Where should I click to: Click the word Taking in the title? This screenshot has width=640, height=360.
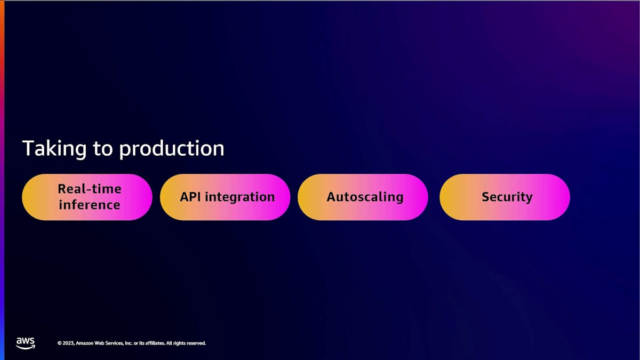54,149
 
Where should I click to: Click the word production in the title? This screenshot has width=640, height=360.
172,149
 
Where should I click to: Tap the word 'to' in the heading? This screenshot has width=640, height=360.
103,149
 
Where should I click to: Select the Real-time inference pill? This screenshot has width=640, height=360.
87,197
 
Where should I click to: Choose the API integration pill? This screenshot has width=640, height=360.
225,197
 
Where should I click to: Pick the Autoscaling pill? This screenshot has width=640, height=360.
363,197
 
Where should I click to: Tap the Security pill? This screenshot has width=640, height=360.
505,197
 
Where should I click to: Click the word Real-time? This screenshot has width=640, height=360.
90,189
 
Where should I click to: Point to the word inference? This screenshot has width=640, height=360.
90,205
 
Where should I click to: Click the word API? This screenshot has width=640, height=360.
190,197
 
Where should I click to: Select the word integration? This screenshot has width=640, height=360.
240,197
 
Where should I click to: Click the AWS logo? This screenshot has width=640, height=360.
26,343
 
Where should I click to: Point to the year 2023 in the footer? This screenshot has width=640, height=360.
69,343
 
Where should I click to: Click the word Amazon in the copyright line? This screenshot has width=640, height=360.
85,343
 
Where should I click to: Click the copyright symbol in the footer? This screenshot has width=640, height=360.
60,343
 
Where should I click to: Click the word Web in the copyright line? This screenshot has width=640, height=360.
99,343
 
